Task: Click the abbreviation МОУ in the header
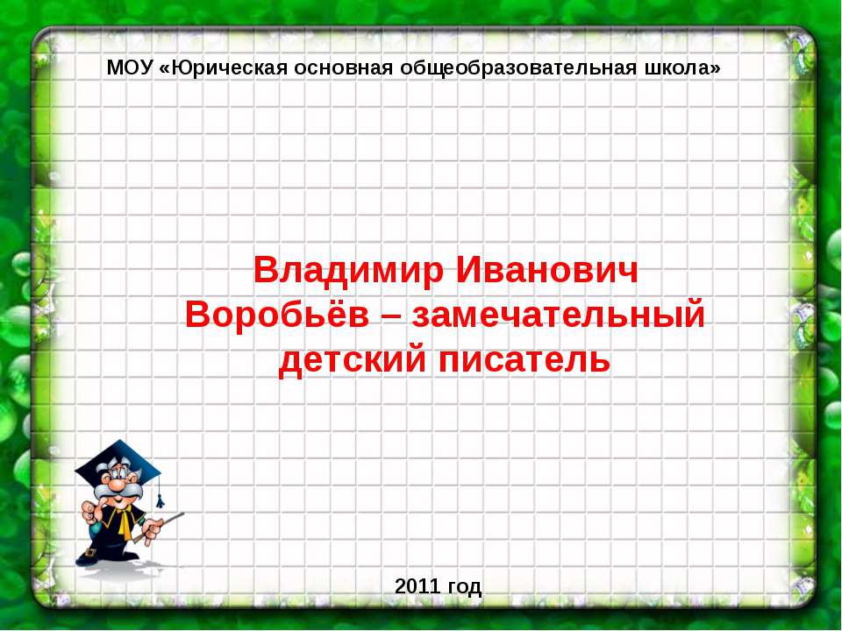(130, 68)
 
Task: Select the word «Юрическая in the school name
(225, 68)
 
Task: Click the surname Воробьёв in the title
(277, 315)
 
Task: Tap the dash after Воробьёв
(390, 316)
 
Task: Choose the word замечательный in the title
(559, 315)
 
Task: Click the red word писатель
(524, 360)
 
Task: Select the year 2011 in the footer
(417, 586)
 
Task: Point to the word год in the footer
(464, 587)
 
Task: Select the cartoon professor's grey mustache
(118, 492)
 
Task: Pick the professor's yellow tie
(125, 522)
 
